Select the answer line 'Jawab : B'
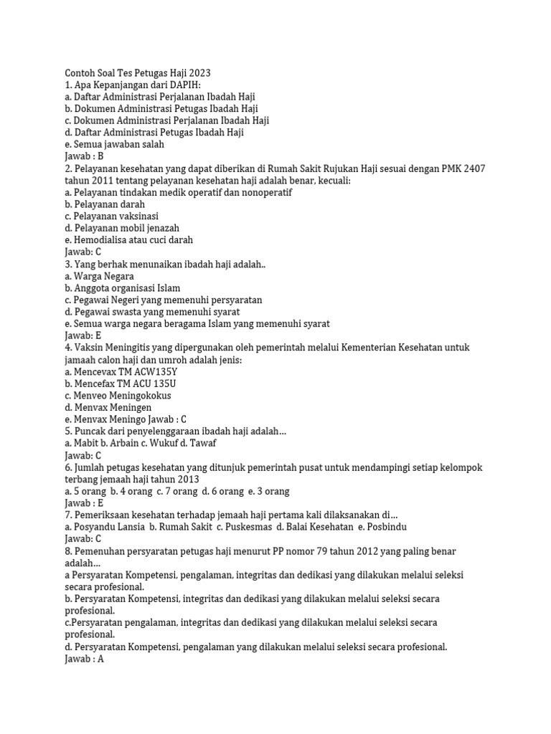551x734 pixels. pos(85,156)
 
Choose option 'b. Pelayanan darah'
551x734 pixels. pos(105,204)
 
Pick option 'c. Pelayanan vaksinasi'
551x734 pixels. pos(111,216)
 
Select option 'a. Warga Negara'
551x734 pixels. pos(99,276)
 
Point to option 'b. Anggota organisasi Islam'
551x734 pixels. pos(123,288)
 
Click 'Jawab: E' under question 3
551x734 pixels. pos(83,335)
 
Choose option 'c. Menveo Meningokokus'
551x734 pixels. pos(118,396)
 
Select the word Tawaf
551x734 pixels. pos(202,443)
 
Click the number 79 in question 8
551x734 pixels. pos(322,550)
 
